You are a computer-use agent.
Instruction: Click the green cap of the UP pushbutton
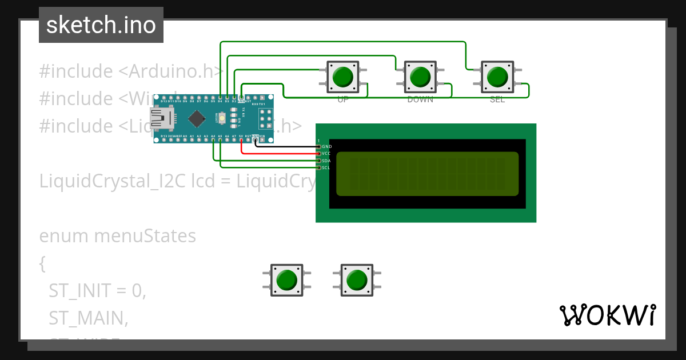pos(342,77)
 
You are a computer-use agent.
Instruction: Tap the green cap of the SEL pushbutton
pos(497,77)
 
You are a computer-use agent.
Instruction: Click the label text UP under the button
pos(343,99)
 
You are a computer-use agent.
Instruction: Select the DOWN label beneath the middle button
pos(420,99)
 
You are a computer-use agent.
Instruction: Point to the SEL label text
pos(497,99)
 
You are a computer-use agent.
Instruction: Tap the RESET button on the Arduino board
pos(222,118)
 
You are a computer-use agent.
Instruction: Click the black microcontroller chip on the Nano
pos(197,118)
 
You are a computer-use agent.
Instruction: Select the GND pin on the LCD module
pos(319,147)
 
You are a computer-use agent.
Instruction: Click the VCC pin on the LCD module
pos(319,154)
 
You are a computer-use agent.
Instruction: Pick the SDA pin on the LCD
pos(319,161)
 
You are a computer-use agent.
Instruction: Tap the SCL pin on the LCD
pos(319,167)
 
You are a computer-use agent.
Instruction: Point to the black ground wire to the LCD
pos(286,146)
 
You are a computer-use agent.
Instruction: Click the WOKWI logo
pos(607,315)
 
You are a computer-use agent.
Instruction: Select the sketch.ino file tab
pos(101,25)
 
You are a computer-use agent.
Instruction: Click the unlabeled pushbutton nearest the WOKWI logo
pos(357,280)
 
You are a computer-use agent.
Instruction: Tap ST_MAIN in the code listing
pos(88,318)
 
